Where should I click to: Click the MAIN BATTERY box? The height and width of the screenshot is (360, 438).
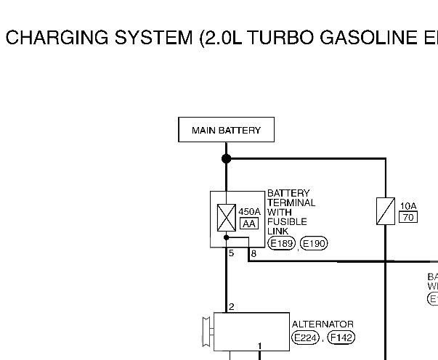point(226,131)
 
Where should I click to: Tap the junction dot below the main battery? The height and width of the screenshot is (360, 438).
point(226,158)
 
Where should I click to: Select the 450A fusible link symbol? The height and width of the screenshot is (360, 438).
point(226,218)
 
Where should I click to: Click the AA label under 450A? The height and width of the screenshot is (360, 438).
point(248,224)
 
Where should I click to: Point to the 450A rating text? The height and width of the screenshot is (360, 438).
point(249,213)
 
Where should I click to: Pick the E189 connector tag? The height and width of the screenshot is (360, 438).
point(282,243)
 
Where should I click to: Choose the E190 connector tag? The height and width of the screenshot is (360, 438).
point(314,243)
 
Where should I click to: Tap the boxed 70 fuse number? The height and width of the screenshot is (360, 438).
point(408,217)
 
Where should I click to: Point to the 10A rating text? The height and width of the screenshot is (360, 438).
point(408,206)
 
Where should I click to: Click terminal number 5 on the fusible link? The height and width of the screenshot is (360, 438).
point(231,253)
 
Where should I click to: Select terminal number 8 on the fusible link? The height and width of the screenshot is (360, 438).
point(254,253)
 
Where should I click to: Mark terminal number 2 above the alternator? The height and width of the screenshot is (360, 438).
point(231,307)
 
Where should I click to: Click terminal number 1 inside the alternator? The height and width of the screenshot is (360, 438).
point(260,345)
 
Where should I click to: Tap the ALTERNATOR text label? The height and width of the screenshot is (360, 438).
point(323,324)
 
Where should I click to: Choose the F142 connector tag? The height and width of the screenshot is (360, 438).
point(341,337)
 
